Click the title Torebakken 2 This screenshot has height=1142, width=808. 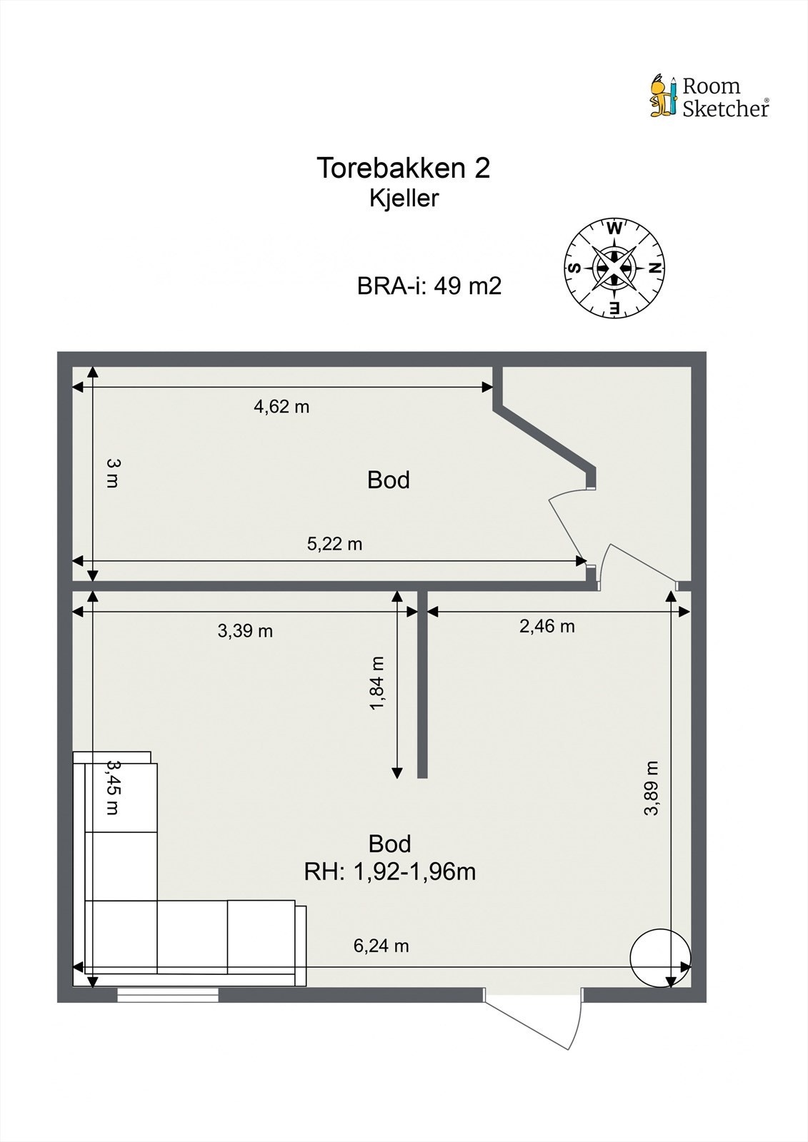coord(404,168)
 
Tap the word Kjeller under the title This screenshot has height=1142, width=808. coord(404,198)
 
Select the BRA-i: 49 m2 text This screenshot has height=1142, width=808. coord(429,286)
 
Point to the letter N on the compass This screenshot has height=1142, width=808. coord(653,268)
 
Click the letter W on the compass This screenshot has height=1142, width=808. coord(614,229)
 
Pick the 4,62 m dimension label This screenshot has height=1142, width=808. coord(281,407)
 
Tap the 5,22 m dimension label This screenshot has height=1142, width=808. coord(334,544)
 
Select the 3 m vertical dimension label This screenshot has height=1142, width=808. coord(113,473)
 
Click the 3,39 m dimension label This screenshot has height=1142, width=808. coord(245,631)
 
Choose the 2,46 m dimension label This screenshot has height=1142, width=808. coord(547,627)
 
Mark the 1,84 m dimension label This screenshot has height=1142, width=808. coord(377,684)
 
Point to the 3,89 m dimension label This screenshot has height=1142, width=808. coord(651,788)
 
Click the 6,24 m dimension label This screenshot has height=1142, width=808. coord(381,946)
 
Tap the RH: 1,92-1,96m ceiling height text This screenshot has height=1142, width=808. coord(390,871)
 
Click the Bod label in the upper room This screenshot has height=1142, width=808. coord(389,480)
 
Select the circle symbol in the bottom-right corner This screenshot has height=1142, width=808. coord(660,958)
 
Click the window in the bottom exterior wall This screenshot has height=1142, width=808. coord(168,995)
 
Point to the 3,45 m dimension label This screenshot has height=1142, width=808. coord(113,787)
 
